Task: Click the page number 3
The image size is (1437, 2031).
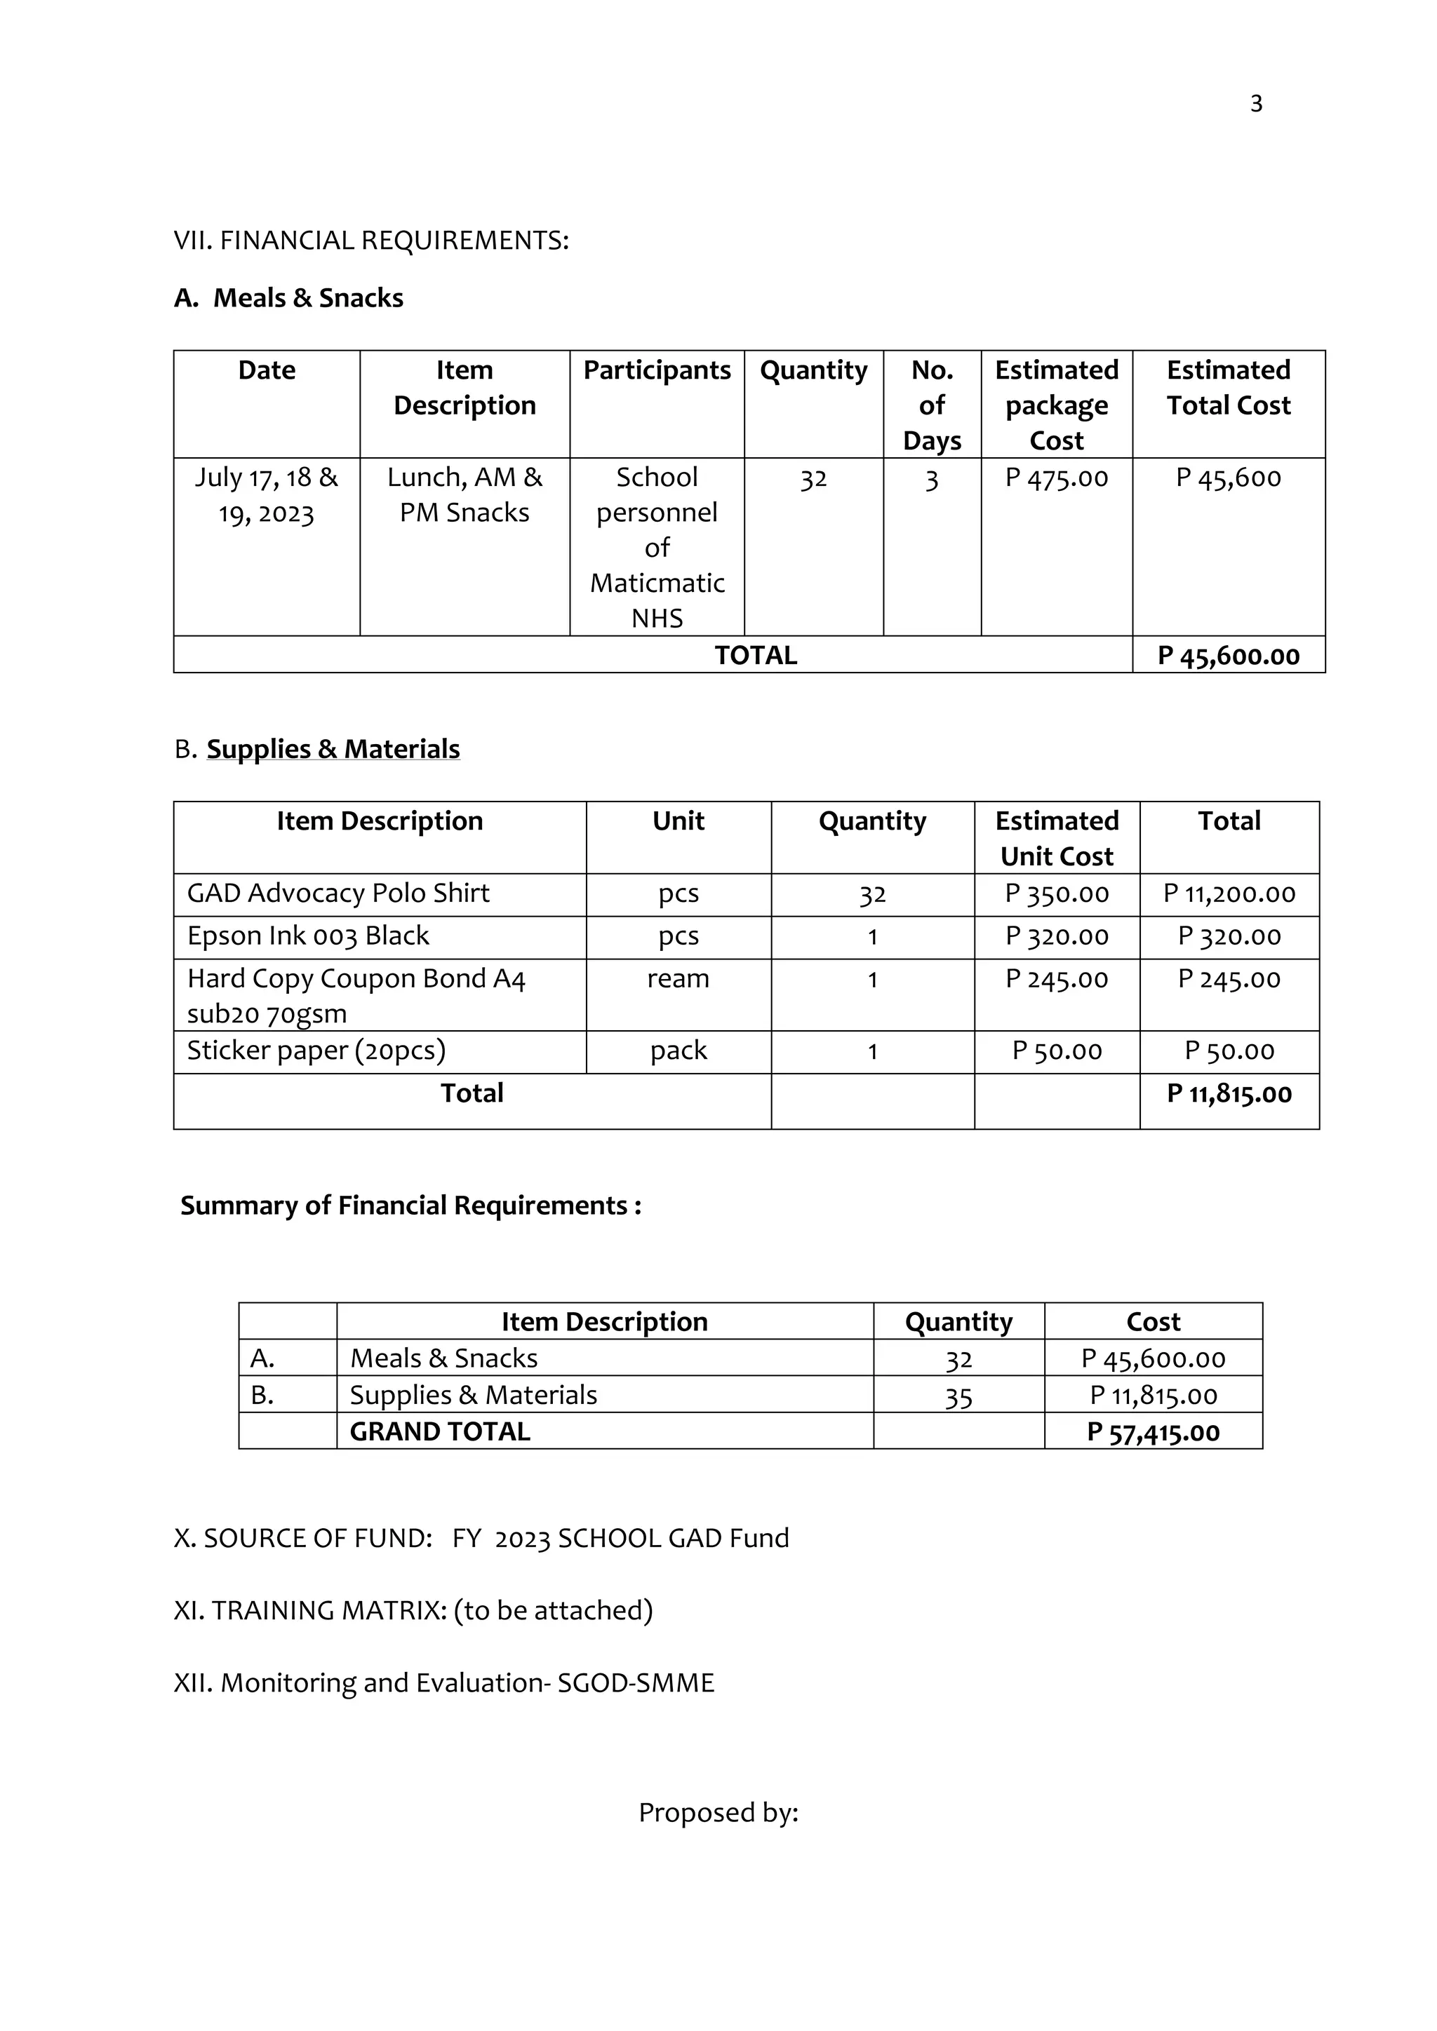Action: click(1255, 104)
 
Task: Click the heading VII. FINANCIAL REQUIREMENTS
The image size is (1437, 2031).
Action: click(370, 241)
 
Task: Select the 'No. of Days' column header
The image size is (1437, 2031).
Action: click(932, 405)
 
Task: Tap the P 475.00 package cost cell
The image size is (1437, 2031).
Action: click(1057, 478)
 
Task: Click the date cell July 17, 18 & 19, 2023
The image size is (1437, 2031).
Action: click(267, 495)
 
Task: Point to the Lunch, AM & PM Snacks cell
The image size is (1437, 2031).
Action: click(464, 495)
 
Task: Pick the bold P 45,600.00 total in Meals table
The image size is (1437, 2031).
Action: click(1228, 656)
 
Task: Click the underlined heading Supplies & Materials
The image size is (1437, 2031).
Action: click(333, 749)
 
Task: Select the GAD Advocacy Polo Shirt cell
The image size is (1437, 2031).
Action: click(338, 893)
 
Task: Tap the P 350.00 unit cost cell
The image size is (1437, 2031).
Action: click(1057, 894)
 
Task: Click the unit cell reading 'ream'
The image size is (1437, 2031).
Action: click(678, 979)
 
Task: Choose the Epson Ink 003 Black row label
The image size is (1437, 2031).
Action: click(308, 936)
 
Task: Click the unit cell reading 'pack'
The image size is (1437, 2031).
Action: click(678, 1051)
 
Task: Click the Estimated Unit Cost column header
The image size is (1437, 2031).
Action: click(1057, 839)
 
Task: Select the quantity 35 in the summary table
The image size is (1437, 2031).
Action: click(958, 1398)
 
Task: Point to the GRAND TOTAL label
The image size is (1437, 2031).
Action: click(440, 1432)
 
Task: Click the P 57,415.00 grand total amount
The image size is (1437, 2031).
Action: click(1153, 1433)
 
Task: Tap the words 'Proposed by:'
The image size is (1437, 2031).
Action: click(718, 1814)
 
